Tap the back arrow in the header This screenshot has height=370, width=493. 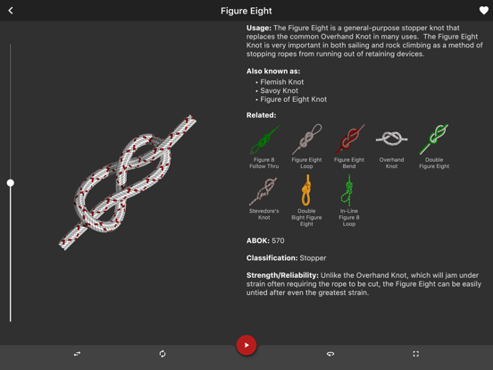(x=11, y=11)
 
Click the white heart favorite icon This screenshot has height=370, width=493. (x=483, y=11)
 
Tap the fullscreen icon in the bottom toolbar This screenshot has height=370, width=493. (x=415, y=354)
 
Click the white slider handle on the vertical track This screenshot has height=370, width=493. (x=11, y=183)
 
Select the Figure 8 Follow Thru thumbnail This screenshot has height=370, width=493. (x=264, y=139)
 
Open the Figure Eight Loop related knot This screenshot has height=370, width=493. (x=307, y=139)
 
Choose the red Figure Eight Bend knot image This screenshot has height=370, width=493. (x=349, y=139)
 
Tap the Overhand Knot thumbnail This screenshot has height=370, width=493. (x=392, y=139)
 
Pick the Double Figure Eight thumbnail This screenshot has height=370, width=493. (x=434, y=139)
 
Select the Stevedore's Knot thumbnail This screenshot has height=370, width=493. (x=263, y=190)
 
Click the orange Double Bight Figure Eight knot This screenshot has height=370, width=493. (x=306, y=190)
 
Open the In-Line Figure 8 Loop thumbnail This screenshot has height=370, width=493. (x=348, y=190)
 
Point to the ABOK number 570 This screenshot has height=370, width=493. (x=278, y=240)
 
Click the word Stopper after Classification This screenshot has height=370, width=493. (x=313, y=258)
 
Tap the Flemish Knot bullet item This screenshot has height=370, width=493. (x=281, y=82)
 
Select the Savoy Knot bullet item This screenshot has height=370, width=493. (x=279, y=90)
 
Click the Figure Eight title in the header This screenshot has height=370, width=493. (x=246, y=11)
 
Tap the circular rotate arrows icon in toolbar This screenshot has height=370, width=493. (x=163, y=354)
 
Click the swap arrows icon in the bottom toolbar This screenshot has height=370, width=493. (x=77, y=354)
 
